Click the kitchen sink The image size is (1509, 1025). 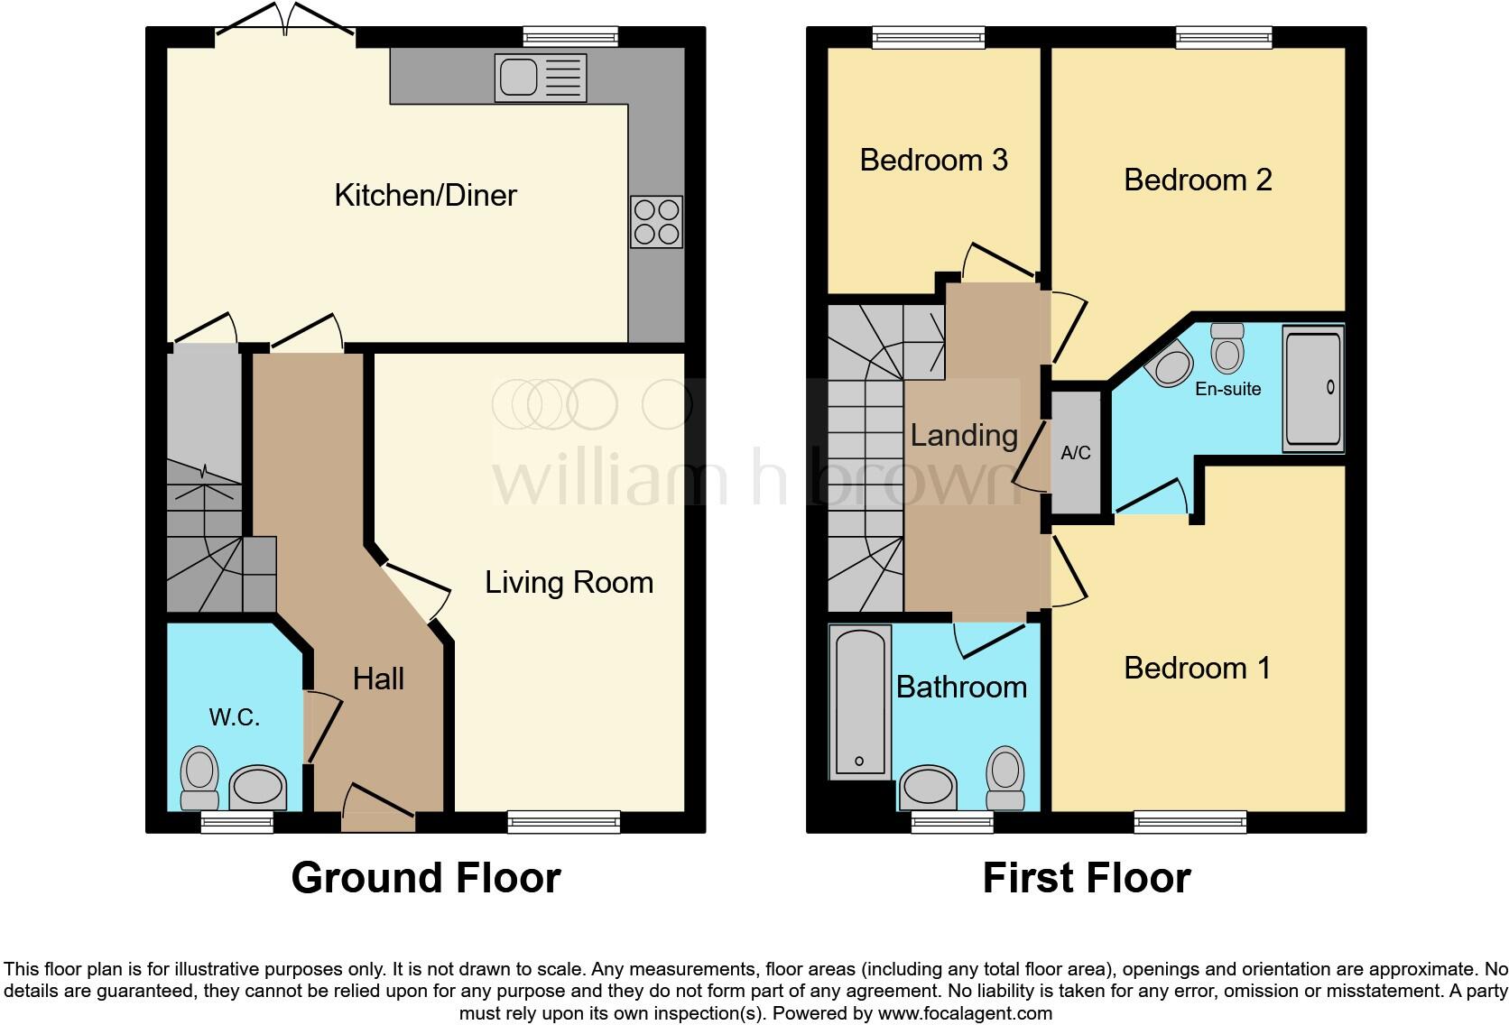[541, 78]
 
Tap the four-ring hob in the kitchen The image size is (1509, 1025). [656, 222]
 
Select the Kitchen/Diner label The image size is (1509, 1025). [425, 195]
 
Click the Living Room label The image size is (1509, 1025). [569, 582]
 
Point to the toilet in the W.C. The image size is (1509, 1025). [200, 780]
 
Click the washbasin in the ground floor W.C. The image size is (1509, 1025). [258, 787]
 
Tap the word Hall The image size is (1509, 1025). [378, 679]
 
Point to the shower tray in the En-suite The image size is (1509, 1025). [1312, 388]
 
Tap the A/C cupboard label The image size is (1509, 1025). [1076, 453]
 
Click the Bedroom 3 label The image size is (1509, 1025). [933, 160]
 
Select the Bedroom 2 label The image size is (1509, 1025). [1198, 180]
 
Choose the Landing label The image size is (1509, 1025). [964, 435]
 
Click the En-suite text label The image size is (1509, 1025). [1227, 389]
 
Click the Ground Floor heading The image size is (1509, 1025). [426, 878]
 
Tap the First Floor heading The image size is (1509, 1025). [1086, 878]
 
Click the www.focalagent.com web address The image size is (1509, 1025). [965, 1013]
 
